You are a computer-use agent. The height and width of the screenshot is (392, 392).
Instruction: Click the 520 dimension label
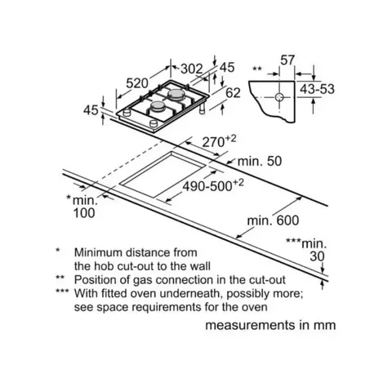tap(137, 83)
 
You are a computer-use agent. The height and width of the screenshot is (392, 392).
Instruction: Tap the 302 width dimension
tap(192, 69)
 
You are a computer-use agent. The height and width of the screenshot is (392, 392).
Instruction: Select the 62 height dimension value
tap(234, 93)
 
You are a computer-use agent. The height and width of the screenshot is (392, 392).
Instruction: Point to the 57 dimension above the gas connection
tap(287, 60)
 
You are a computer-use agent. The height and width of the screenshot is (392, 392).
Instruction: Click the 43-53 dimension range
tap(317, 89)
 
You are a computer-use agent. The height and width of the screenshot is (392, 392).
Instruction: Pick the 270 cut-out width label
tap(213, 142)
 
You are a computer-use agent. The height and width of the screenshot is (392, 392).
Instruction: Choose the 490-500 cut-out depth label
tap(207, 187)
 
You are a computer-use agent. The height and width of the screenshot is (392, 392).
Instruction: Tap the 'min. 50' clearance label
tap(260, 161)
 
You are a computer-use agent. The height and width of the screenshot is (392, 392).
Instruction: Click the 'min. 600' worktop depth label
tap(273, 220)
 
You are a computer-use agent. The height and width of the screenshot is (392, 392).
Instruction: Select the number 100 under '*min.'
tap(84, 213)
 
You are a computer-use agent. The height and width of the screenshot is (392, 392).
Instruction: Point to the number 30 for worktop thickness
tap(317, 256)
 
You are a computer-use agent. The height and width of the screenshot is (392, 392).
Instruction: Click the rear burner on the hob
tap(175, 94)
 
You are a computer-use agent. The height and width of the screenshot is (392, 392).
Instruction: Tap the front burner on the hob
tap(157, 106)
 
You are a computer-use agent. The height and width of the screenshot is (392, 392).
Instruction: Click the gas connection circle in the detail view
tap(279, 97)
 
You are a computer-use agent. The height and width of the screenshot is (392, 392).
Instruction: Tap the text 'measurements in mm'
tap(270, 325)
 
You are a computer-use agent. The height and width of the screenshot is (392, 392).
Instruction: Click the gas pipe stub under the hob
tap(203, 109)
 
